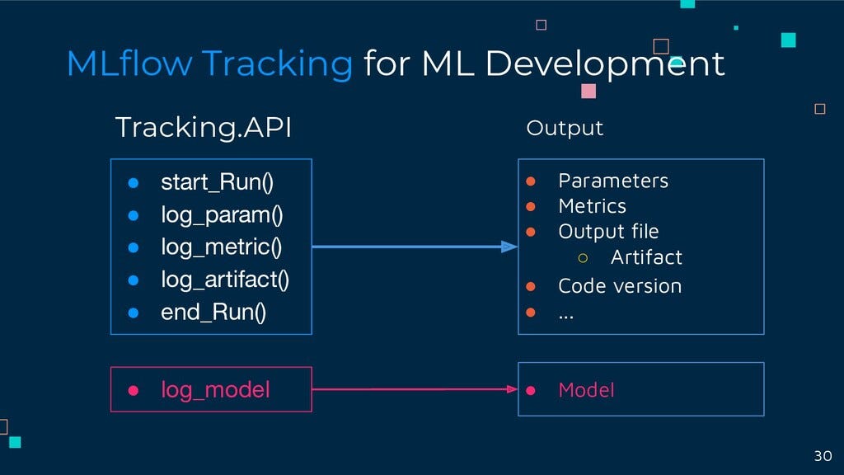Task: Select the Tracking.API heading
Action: (x=203, y=128)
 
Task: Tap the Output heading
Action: (x=565, y=129)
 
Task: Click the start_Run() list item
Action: (x=217, y=181)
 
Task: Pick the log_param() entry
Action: (x=222, y=215)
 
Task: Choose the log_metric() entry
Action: (x=222, y=247)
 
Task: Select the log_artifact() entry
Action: (x=225, y=280)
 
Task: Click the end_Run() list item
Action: (x=213, y=313)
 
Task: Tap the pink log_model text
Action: (x=215, y=389)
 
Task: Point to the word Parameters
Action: (x=613, y=181)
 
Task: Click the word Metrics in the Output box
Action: (x=592, y=206)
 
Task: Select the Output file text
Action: (x=608, y=232)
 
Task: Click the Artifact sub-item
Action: (x=646, y=257)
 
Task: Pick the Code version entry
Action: (x=620, y=286)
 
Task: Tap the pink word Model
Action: (x=586, y=389)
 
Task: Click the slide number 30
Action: (x=823, y=456)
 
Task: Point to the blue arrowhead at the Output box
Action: (x=509, y=246)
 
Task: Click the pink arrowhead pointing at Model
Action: (x=511, y=389)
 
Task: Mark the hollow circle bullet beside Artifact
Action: (x=583, y=258)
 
